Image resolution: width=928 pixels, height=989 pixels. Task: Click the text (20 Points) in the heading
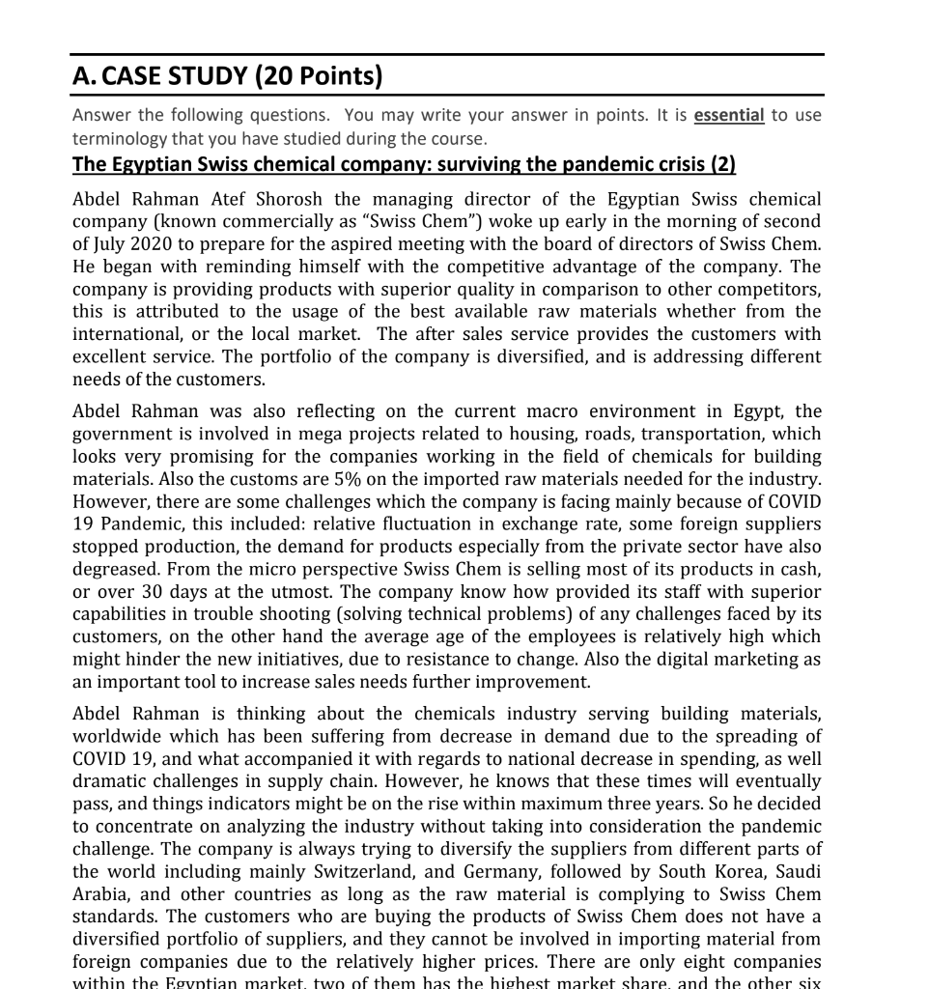click(x=318, y=75)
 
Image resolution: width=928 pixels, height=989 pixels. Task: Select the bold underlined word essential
click(x=729, y=116)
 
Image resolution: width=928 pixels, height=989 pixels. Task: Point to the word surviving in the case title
click(x=487, y=164)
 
